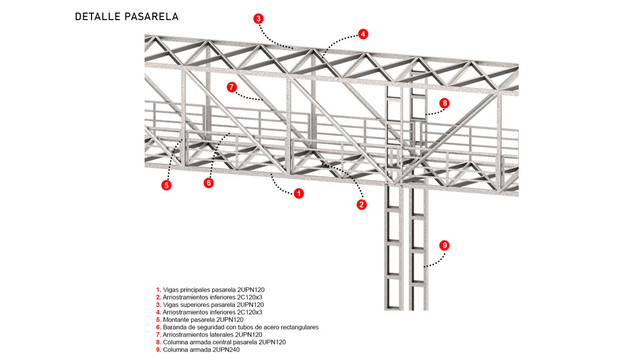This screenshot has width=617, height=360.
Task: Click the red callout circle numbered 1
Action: click(x=298, y=194)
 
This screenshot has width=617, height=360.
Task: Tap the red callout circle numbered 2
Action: click(x=361, y=204)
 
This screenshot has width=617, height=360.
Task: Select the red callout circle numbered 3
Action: click(x=259, y=19)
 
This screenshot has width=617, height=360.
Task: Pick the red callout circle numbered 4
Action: click(x=363, y=34)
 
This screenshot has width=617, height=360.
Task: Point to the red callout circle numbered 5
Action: click(x=166, y=186)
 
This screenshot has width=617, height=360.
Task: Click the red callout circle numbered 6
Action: click(x=208, y=183)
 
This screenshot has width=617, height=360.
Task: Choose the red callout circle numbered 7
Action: click(x=231, y=87)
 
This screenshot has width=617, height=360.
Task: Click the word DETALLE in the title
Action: click(x=97, y=16)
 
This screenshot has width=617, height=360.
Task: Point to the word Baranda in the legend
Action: click(x=174, y=327)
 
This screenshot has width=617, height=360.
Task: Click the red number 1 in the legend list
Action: click(x=158, y=290)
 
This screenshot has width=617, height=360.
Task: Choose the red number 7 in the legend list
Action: click(x=158, y=335)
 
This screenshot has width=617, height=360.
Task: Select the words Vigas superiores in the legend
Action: click(x=186, y=304)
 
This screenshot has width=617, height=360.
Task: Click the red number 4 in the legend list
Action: click(x=158, y=312)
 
